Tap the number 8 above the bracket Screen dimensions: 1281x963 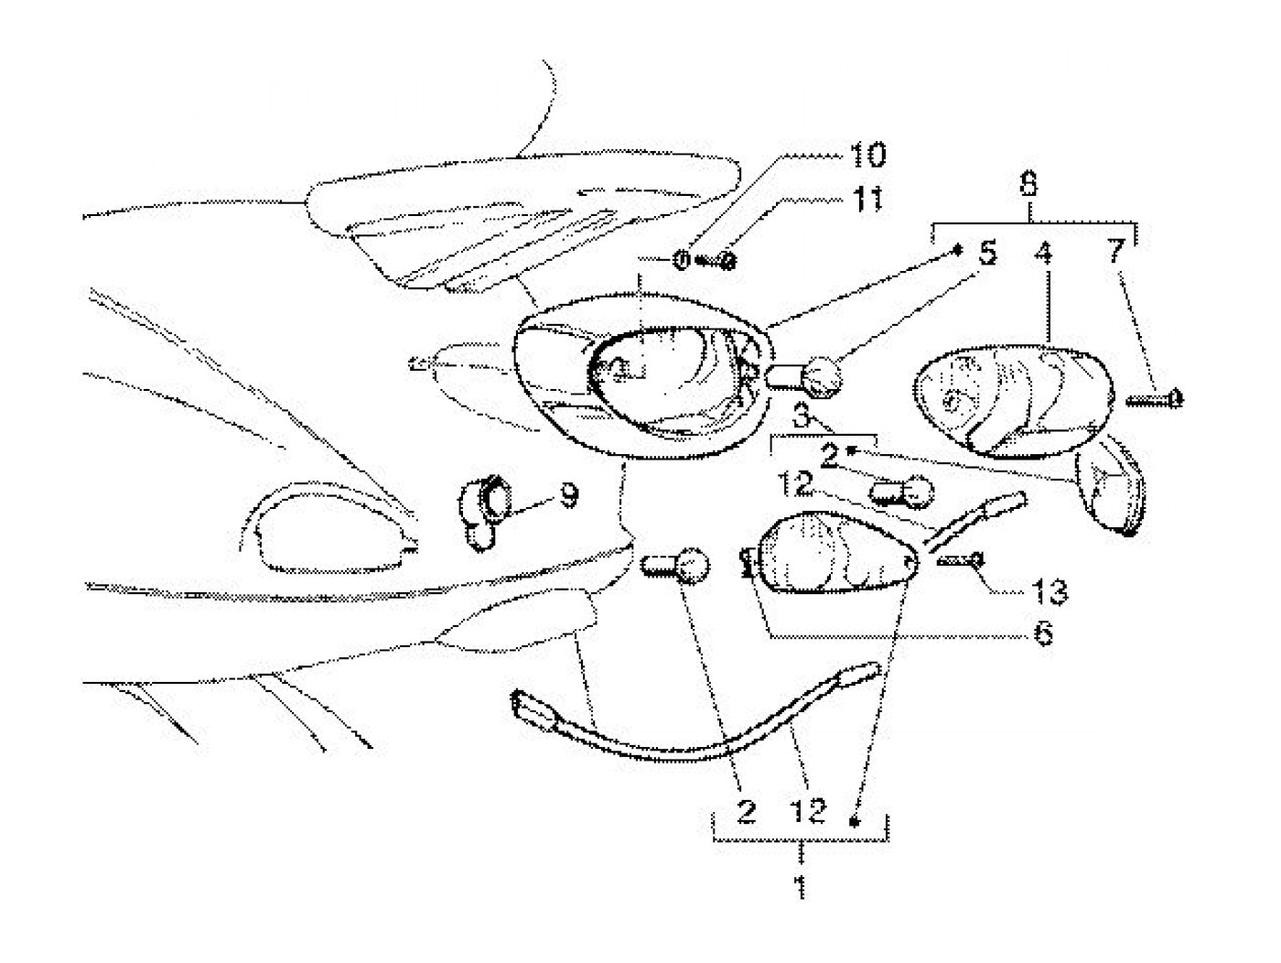pos(1028,186)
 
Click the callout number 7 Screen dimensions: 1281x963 pos(1114,254)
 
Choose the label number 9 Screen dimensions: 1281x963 pos(567,495)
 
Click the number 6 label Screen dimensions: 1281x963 pos(1042,633)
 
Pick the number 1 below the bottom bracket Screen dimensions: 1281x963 pos(801,886)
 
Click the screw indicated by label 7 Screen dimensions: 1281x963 pos(1157,398)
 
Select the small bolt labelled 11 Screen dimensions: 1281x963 pos(719,262)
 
